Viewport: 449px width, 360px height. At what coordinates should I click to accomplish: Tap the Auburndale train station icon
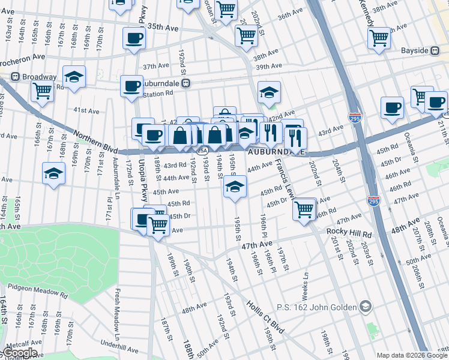[187, 83]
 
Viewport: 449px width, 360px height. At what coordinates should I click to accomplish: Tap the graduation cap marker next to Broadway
[74, 76]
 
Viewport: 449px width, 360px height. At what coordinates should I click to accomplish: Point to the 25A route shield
[203, 150]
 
